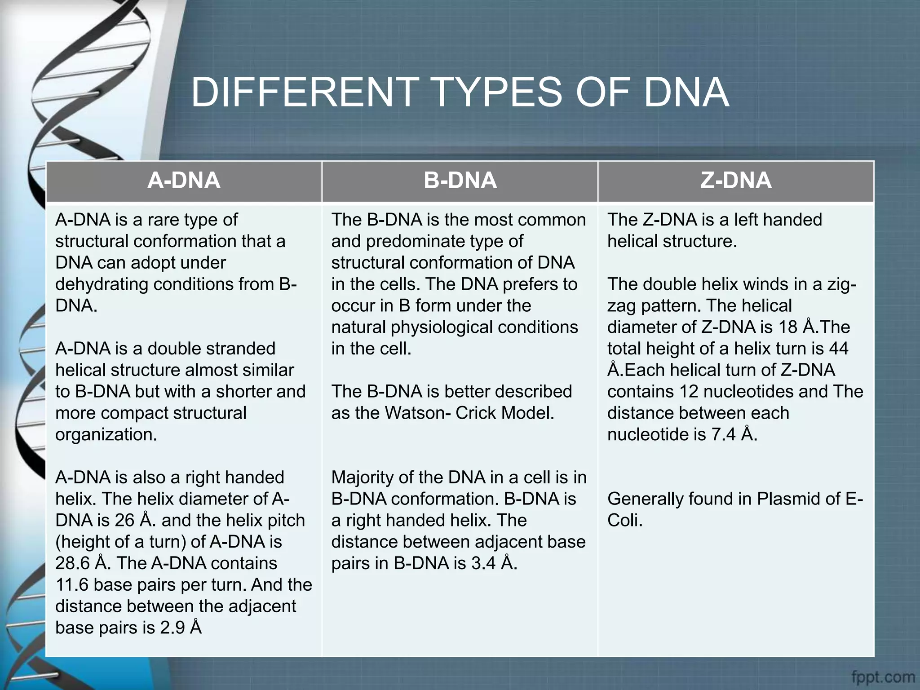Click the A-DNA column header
[184, 181]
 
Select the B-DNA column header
[460, 181]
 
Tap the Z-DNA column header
[736, 181]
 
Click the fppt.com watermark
[883, 677]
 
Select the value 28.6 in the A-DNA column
[72, 563]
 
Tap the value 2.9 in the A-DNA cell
[172, 628]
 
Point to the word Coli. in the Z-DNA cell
[625, 520]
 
